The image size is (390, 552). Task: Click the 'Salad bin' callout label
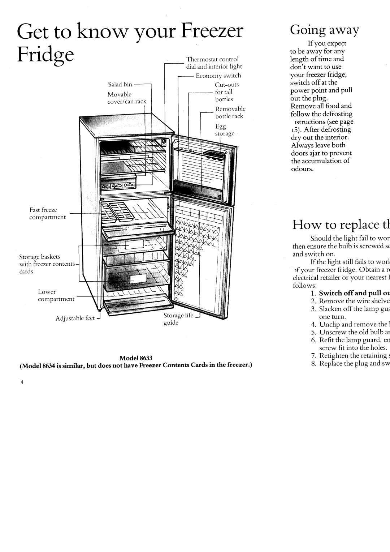click(120, 85)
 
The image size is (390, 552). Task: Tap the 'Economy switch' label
click(218, 76)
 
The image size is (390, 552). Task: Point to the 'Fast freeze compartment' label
click(47, 214)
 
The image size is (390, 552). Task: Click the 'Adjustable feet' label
click(74, 318)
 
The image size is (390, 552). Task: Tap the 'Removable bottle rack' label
click(229, 112)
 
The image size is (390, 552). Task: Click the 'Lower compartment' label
click(56, 295)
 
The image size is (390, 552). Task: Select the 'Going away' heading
click(325, 30)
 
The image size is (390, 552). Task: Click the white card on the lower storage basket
click(138, 269)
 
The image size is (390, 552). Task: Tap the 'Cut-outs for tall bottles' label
click(224, 92)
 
